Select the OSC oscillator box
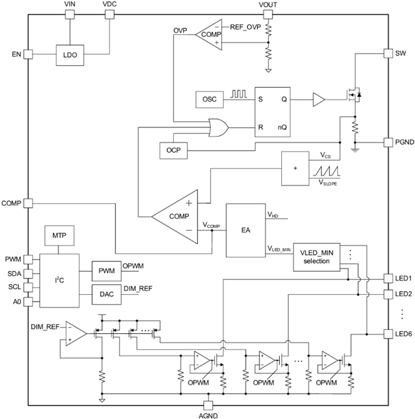tap(210, 100)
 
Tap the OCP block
tap(173, 150)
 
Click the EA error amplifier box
tap(244, 230)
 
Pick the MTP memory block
tap(58, 234)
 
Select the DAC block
tap(106, 294)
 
